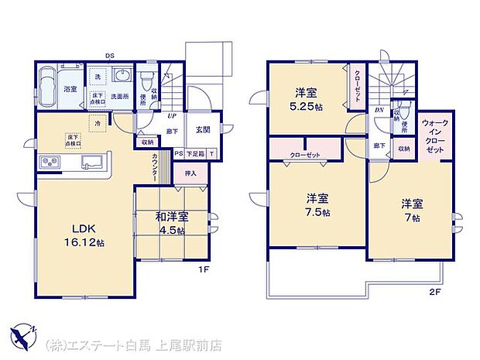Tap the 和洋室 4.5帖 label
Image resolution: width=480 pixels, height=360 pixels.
(x=171, y=224)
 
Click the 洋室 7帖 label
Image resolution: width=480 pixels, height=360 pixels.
(x=411, y=211)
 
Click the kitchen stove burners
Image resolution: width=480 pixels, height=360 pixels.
(x=50, y=163)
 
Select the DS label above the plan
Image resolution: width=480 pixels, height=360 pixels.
(x=110, y=56)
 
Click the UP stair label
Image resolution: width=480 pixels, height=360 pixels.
(x=170, y=117)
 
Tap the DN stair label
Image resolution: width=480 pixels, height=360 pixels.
(x=379, y=111)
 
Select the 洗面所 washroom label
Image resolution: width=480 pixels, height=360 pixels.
(x=118, y=97)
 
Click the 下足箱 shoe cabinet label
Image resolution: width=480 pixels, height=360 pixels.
(x=195, y=154)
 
